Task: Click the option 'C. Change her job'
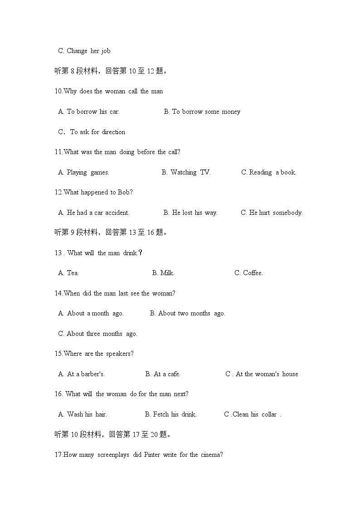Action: pyautogui.click(x=84, y=51)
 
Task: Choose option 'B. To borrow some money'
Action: pyautogui.click(x=202, y=111)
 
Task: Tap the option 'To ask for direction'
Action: pyautogui.click(x=97, y=132)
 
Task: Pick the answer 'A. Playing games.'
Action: pyautogui.click(x=84, y=172)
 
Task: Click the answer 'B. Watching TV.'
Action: pyautogui.click(x=186, y=172)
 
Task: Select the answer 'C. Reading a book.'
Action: pyautogui.click(x=269, y=172)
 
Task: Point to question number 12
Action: pyautogui.click(x=58, y=192)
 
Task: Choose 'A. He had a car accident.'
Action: pyautogui.click(x=94, y=213)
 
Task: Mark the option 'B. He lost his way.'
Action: pyautogui.click(x=190, y=213)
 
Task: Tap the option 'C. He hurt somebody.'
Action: pyautogui.click(x=272, y=213)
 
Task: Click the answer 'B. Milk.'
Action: pyautogui.click(x=163, y=273)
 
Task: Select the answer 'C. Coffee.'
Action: pyautogui.click(x=248, y=273)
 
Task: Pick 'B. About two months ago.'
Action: pyautogui.click(x=187, y=313)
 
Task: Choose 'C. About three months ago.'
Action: pyautogui.click(x=97, y=334)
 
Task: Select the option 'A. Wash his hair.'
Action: pyautogui.click(x=83, y=414)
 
